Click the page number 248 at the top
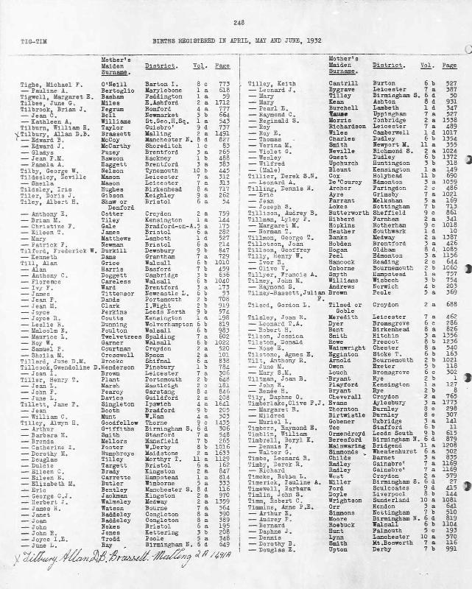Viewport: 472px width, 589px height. (x=239, y=24)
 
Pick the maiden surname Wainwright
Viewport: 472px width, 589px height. (x=346, y=445)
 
